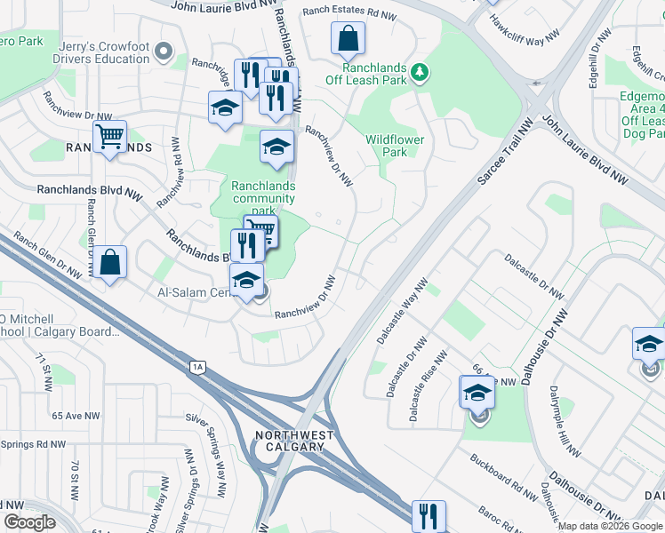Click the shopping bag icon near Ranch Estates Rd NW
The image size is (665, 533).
click(349, 38)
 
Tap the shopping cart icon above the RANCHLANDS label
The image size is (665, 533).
click(109, 137)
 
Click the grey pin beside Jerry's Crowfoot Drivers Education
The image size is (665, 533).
click(163, 52)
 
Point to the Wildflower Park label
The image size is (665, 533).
click(395, 146)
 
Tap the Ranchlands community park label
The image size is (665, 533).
click(263, 198)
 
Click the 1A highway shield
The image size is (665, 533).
click(198, 366)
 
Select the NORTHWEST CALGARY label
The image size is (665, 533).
click(294, 441)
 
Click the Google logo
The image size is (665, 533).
click(30, 522)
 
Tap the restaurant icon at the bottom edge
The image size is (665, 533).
click(429, 514)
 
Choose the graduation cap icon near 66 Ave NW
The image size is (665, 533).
click(477, 392)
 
